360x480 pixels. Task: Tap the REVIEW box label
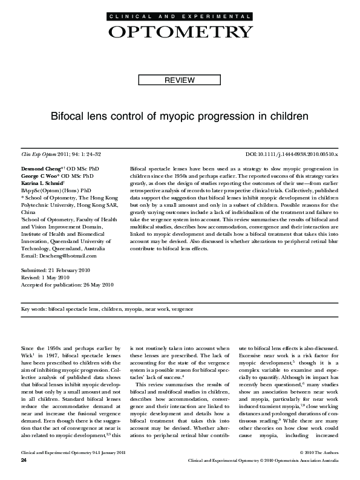180,80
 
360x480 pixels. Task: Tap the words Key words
34,309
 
